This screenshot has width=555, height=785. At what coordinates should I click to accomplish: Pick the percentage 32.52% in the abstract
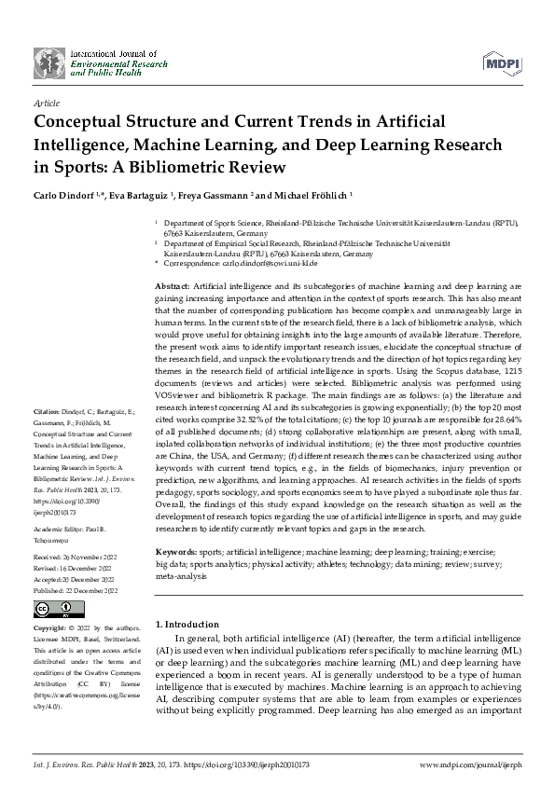[x=268, y=410]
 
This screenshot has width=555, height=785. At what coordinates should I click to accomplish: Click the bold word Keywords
[x=174, y=554]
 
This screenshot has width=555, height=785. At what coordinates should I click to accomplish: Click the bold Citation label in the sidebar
[x=48, y=409]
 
